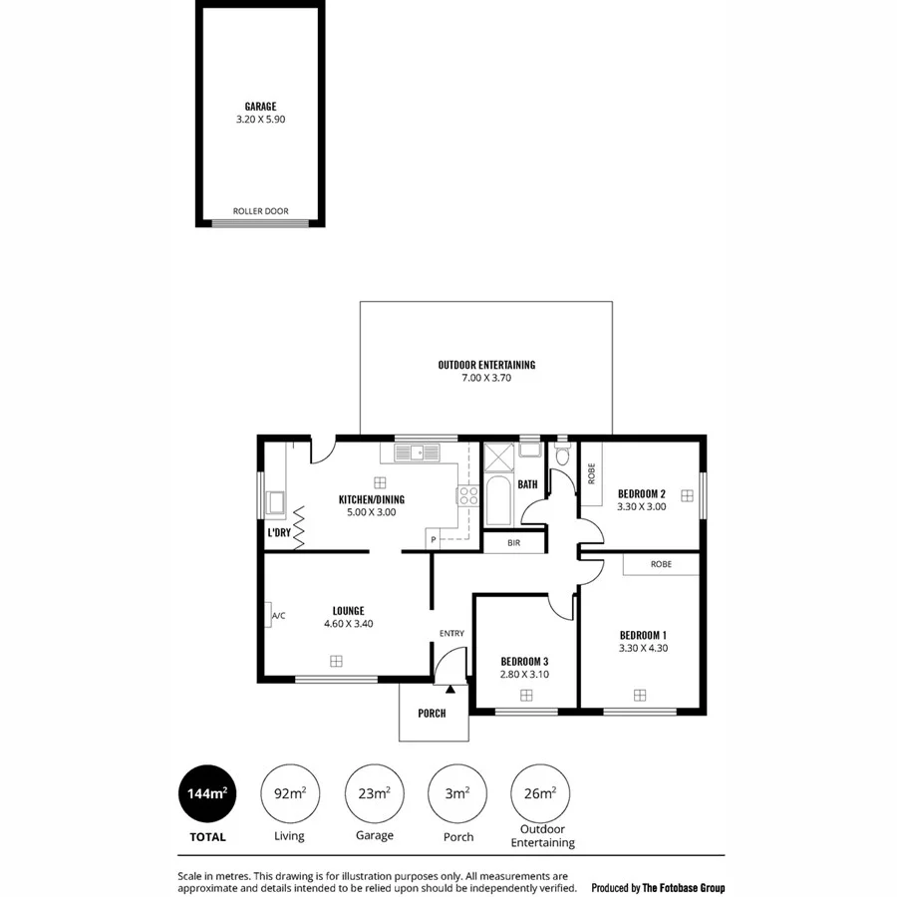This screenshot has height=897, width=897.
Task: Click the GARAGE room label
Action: (x=260, y=107)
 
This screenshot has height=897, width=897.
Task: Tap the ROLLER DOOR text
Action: (x=260, y=211)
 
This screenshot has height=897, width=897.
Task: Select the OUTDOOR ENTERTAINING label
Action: (x=486, y=365)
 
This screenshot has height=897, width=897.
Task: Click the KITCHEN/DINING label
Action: (x=371, y=499)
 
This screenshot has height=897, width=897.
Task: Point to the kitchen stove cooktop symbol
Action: (x=467, y=495)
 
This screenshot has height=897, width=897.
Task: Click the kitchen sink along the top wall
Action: (x=417, y=453)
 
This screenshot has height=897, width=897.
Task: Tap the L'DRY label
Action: (x=279, y=533)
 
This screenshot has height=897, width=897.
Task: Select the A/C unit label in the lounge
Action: (x=278, y=616)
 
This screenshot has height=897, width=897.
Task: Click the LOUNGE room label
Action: (x=348, y=611)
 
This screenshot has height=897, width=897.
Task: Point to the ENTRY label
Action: (x=451, y=634)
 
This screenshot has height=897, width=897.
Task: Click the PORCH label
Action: (x=432, y=714)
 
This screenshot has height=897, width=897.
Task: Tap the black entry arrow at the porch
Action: (x=450, y=688)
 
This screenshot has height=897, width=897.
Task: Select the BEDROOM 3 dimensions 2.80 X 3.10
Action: (x=524, y=675)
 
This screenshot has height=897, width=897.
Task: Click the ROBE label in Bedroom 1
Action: (x=660, y=564)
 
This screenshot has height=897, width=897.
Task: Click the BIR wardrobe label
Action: (x=513, y=543)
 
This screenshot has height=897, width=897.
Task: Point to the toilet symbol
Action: (x=563, y=455)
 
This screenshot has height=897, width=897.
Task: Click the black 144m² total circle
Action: (x=207, y=794)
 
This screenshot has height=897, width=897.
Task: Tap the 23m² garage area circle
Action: (x=374, y=794)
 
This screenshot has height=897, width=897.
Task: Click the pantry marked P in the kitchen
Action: (x=434, y=540)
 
